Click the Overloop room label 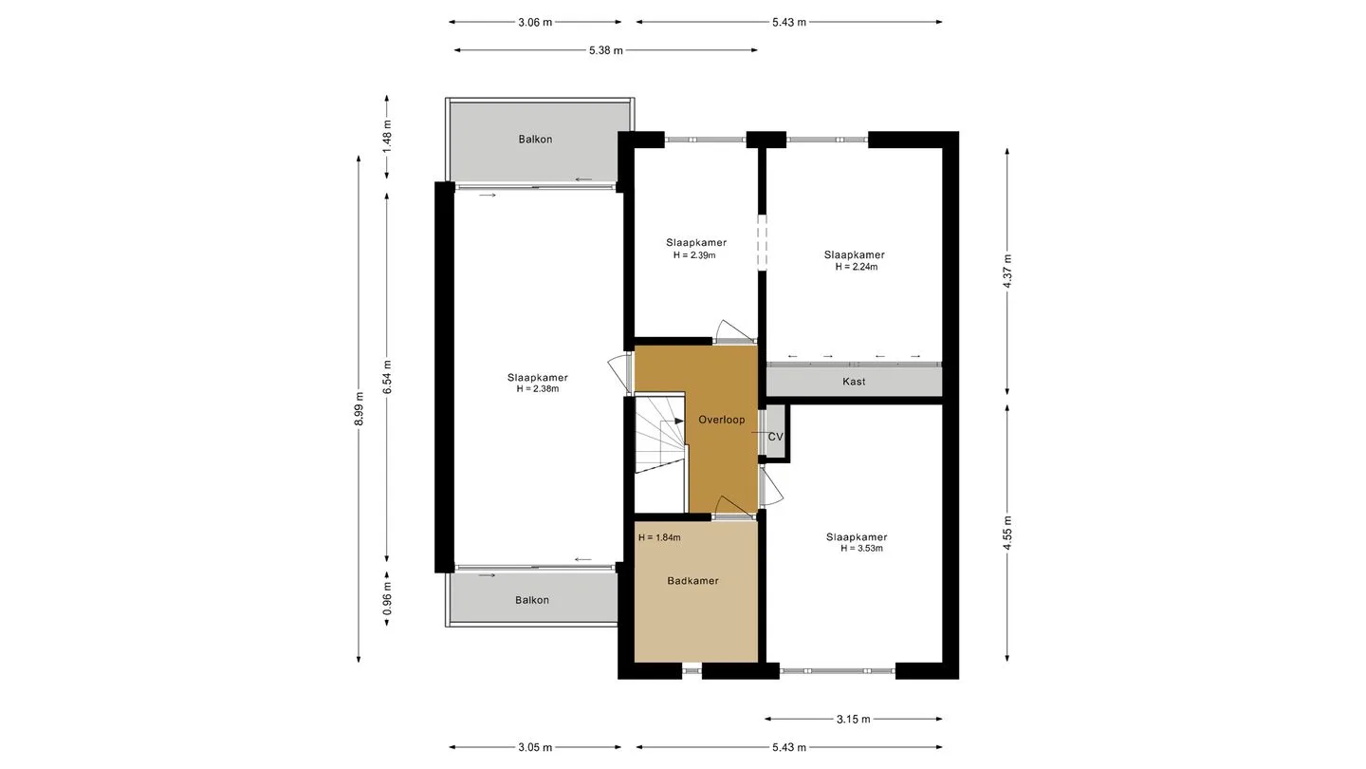[x=721, y=420]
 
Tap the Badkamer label [x=692, y=581]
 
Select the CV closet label [x=775, y=437]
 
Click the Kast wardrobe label [x=854, y=382]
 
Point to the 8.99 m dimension [x=360, y=409]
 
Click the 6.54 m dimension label [x=387, y=377]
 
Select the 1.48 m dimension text [x=387, y=136]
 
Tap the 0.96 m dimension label [x=387, y=598]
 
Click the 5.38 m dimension [x=605, y=50]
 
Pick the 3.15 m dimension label [x=853, y=720]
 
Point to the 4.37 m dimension [x=1007, y=272]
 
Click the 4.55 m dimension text [x=1007, y=533]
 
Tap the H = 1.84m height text [x=659, y=537]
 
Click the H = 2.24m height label [x=857, y=267]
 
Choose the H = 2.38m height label [x=537, y=389]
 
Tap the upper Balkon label [x=535, y=140]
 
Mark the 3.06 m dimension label [x=535, y=23]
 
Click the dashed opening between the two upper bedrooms [x=762, y=242]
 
